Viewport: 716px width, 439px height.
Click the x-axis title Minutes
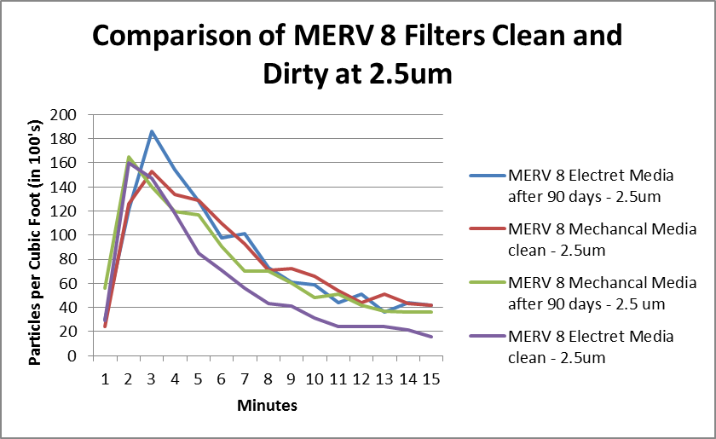tap(267, 406)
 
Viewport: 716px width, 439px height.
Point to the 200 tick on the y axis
tap(78, 114)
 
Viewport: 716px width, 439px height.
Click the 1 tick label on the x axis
tap(105, 377)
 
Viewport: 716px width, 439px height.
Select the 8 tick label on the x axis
tap(268, 377)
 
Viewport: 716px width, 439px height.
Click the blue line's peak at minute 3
tap(152, 131)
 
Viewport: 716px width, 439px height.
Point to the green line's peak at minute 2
tap(129, 157)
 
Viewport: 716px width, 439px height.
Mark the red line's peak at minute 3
tap(152, 171)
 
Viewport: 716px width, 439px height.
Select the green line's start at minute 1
tap(105, 288)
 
